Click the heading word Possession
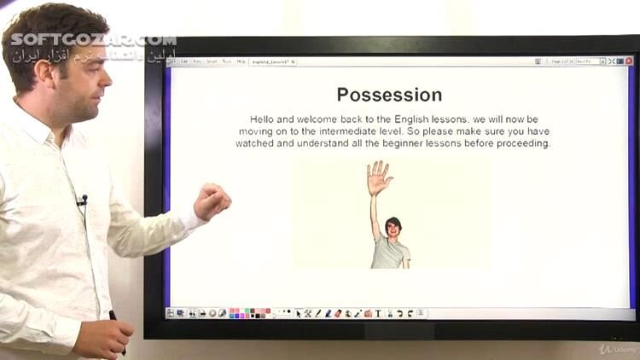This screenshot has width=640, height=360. pos(389,95)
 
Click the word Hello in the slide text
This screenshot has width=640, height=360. pos(264,119)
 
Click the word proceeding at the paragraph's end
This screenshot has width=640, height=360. pos(521,143)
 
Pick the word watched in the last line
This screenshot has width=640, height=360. pos(255,143)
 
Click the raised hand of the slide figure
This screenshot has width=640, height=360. pos(378,177)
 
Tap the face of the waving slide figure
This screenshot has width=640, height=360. pos(393,228)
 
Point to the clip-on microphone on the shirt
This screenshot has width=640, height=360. pos(82,200)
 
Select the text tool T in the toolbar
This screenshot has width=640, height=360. pos(378,313)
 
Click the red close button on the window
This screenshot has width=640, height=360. pos(628,61)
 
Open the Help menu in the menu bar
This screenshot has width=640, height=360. pos(241,61)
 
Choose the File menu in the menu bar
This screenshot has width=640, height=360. pos(183,61)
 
